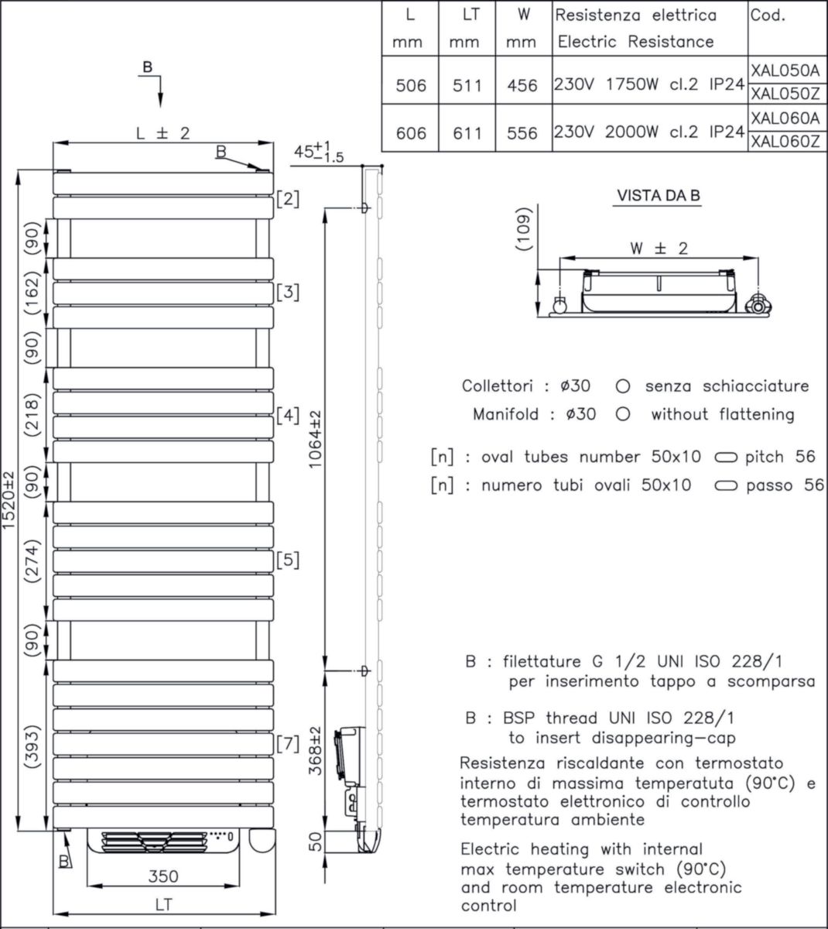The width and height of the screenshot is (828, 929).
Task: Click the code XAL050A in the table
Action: pyautogui.click(x=785, y=70)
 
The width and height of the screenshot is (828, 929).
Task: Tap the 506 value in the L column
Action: pyautogui.click(x=410, y=85)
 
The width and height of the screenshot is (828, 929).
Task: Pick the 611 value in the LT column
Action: pyautogui.click(x=464, y=133)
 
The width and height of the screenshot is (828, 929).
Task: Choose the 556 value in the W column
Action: pyautogui.click(x=522, y=133)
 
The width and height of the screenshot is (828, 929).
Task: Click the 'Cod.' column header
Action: pyautogui.click(x=767, y=15)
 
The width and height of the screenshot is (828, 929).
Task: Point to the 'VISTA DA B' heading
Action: pyautogui.click(x=658, y=196)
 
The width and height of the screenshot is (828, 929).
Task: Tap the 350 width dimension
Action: pyautogui.click(x=163, y=876)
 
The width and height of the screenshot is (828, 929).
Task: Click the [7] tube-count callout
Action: pyautogui.click(x=287, y=745)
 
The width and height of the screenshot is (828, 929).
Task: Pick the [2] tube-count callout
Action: pyautogui.click(x=287, y=199)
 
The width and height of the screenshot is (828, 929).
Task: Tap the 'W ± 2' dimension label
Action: pyautogui.click(x=659, y=249)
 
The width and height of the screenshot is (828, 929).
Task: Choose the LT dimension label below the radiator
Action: pyautogui.click(x=163, y=904)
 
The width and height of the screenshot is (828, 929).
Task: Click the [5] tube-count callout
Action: pyautogui.click(x=287, y=560)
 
